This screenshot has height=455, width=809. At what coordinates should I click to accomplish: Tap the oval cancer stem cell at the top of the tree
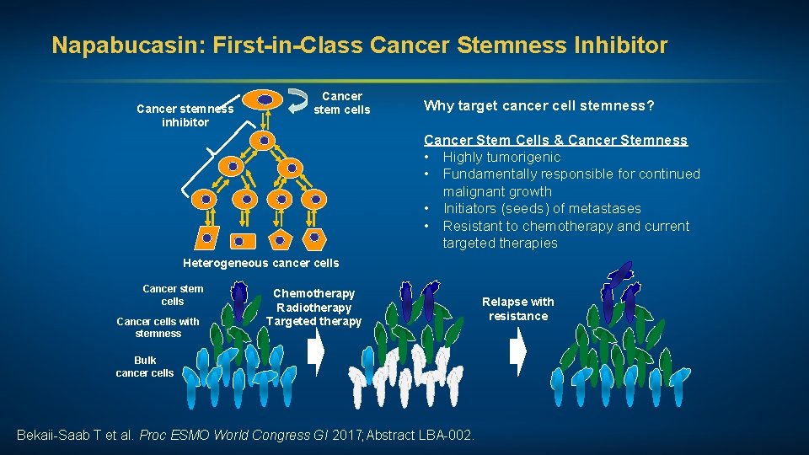(265, 99)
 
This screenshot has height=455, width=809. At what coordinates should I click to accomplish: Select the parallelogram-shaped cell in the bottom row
(205, 239)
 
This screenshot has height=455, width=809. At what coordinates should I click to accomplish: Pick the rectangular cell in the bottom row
(239, 240)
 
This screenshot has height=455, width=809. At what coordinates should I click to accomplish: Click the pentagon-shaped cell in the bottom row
(277, 240)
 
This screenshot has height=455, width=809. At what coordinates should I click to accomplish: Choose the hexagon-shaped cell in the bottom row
(314, 239)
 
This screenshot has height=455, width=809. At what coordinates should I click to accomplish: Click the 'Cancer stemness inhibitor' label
(185, 115)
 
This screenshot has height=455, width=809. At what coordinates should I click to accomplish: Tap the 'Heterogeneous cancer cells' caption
(260, 263)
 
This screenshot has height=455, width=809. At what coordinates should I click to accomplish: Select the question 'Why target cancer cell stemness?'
(539, 105)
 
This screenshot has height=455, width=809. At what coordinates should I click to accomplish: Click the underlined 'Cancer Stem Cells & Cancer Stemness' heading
(555, 140)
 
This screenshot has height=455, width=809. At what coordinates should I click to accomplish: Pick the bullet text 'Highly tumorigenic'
(501, 157)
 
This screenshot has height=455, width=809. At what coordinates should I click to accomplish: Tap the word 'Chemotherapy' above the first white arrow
(314, 293)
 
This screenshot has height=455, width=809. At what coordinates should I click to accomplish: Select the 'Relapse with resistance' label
(517, 308)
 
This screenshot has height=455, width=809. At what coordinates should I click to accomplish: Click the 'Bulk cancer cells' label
(144, 366)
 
